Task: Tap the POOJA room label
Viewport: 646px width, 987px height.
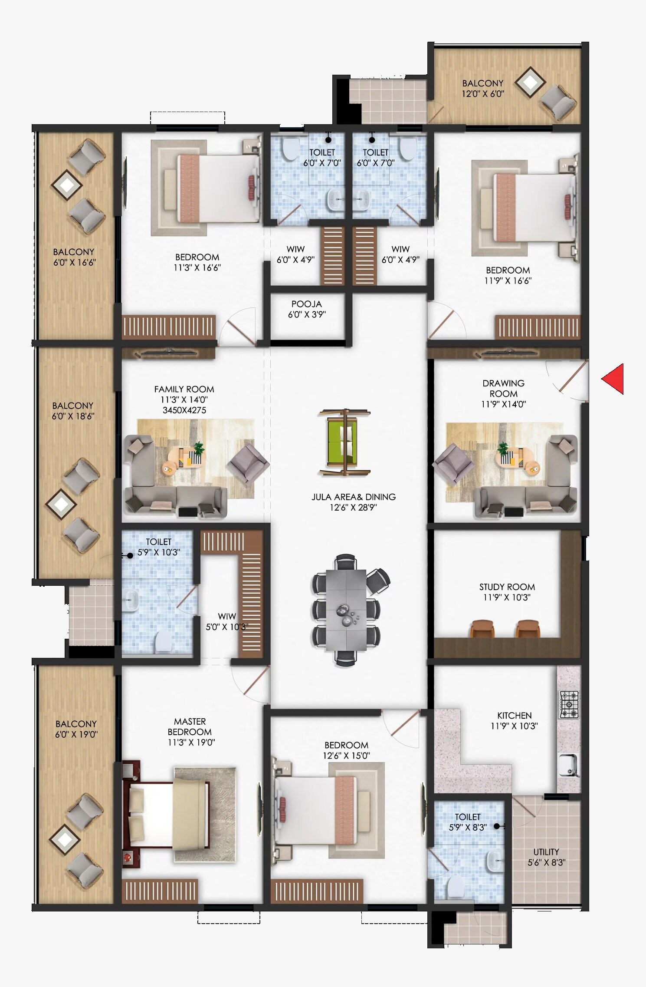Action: tap(307, 309)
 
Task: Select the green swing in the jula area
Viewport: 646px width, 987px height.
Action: tap(344, 442)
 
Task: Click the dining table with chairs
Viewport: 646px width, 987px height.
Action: tap(346, 610)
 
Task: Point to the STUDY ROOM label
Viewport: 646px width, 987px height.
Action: tap(507, 592)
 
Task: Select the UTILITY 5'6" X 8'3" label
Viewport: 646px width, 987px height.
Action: tap(546, 857)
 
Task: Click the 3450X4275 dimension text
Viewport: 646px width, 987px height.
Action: tap(184, 410)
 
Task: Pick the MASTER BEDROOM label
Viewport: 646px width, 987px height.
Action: tap(190, 732)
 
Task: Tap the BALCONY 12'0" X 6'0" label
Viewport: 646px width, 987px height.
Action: tap(482, 88)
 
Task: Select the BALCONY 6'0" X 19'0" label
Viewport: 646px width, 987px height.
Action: tap(76, 729)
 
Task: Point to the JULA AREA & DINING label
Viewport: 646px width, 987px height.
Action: tap(353, 502)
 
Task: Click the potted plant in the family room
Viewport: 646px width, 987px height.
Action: tap(199, 447)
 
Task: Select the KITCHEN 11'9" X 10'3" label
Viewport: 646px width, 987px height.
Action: tap(514, 720)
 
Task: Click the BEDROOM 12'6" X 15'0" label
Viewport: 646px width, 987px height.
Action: tap(346, 750)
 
